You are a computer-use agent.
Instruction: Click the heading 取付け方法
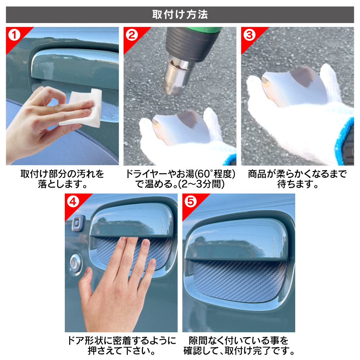[x=180, y=14]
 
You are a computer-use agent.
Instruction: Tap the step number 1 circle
[x=14, y=35]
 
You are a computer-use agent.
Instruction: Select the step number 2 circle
[x=132, y=35]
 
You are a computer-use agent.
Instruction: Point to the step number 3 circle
[x=249, y=35]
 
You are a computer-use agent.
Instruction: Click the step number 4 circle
[x=73, y=202]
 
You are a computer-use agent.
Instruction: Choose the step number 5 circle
[x=190, y=202]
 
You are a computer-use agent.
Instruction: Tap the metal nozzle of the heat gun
[x=177, y=76]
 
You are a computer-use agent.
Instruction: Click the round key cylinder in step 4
[x=75, y=264]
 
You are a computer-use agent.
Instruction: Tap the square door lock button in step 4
[x=78, y=223]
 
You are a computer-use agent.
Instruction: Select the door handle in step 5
[x=237, y=241]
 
